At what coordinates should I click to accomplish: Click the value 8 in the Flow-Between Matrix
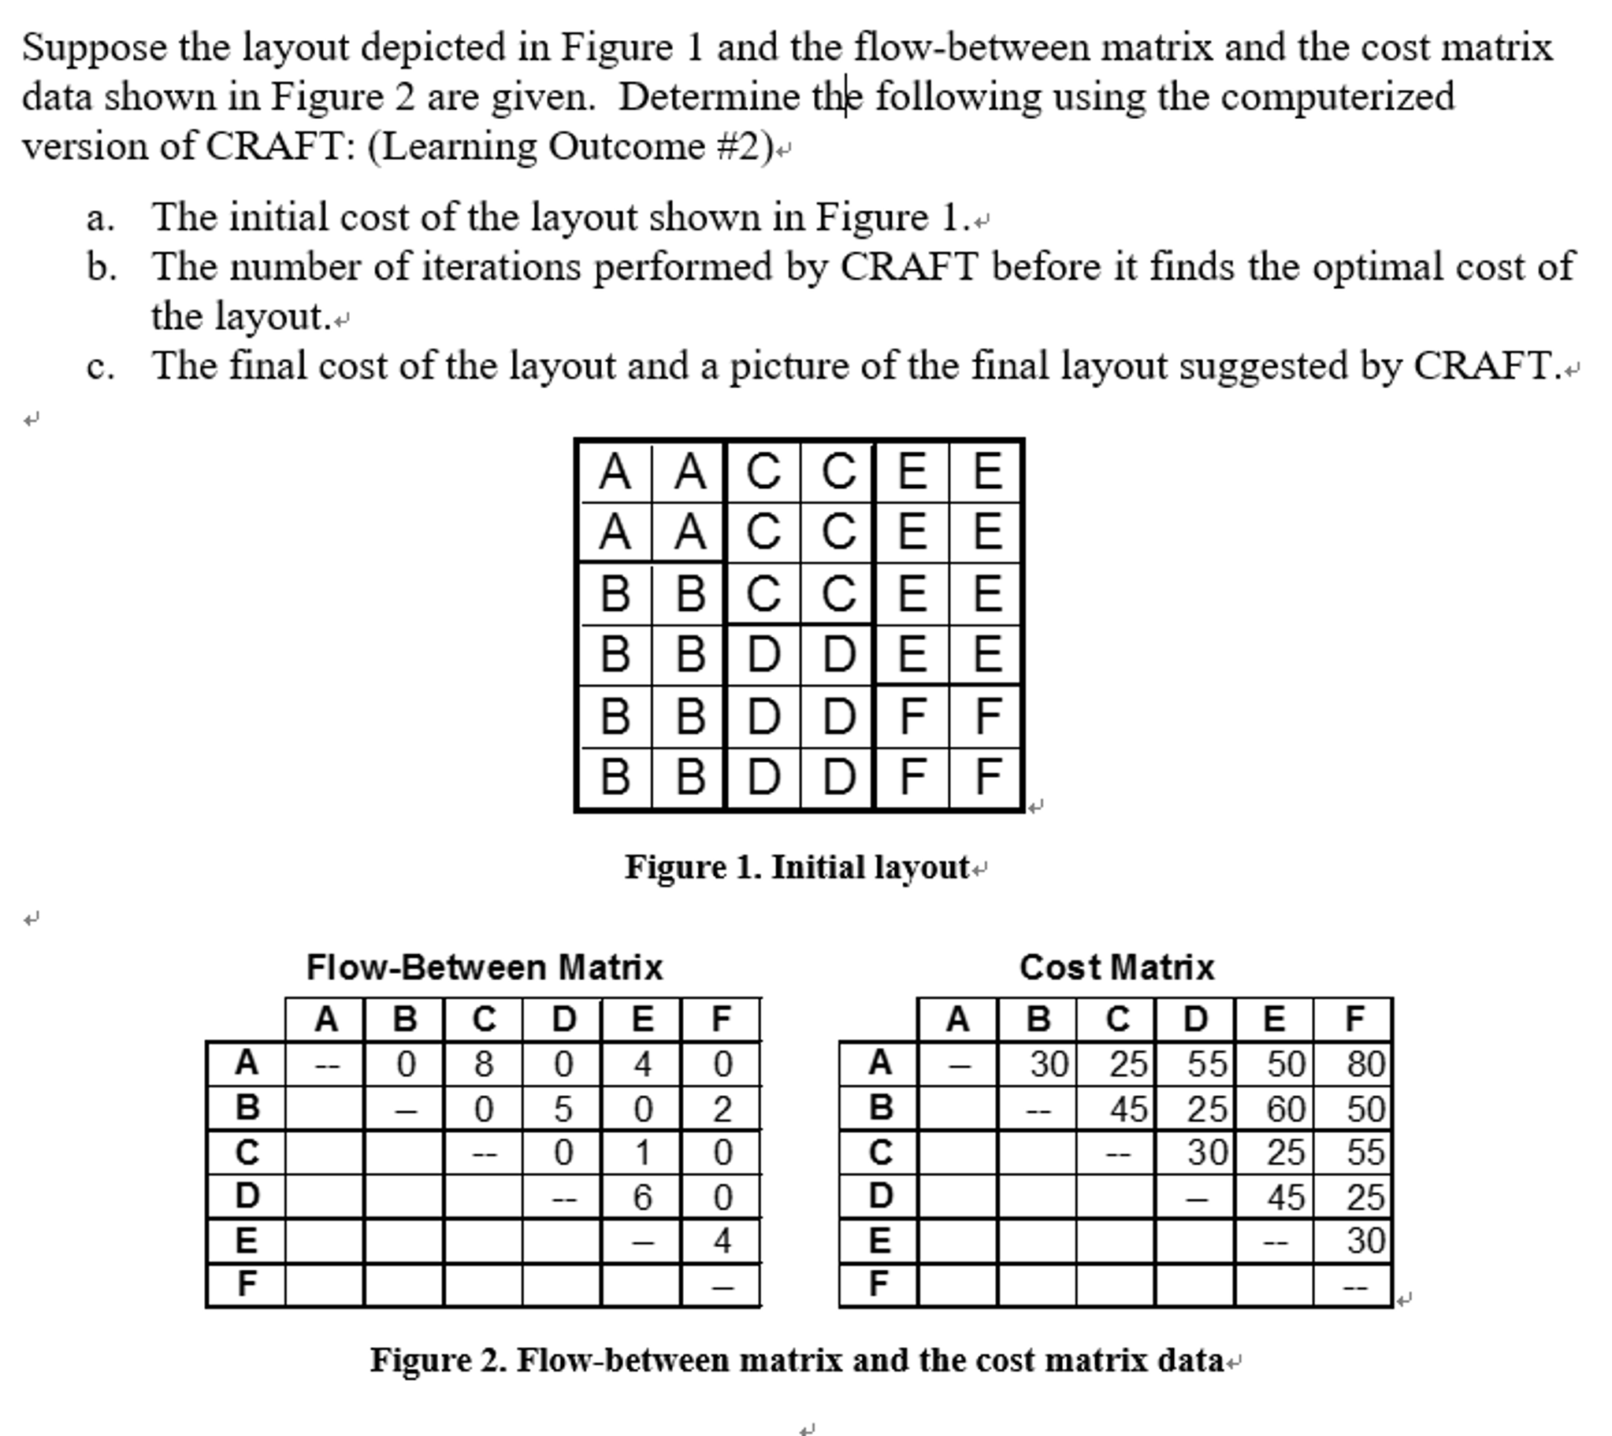tap(484, 1064)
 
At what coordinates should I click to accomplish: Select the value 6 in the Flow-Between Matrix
tap(643, 1197)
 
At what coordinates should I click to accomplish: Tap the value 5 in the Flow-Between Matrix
tap(563, 1108)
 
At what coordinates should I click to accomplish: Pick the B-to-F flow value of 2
tap(722, 1108)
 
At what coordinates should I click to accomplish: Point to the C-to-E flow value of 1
tap(643, 1153)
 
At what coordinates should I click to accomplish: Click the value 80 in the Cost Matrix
tap(1366, 1064)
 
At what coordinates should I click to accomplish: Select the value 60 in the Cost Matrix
tap(1287, 1108)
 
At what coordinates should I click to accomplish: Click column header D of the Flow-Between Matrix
tap(563, 1020)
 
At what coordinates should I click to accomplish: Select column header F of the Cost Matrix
tap(1354, 1020)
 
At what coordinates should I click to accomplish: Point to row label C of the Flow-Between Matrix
tap(247, 1153)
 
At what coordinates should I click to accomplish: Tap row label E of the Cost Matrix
tap(880, 1241)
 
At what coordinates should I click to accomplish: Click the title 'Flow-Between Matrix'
tap(485, 968)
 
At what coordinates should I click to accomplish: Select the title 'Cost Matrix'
tap(1117, 968)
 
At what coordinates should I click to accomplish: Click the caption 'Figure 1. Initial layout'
tap(797, 868)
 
